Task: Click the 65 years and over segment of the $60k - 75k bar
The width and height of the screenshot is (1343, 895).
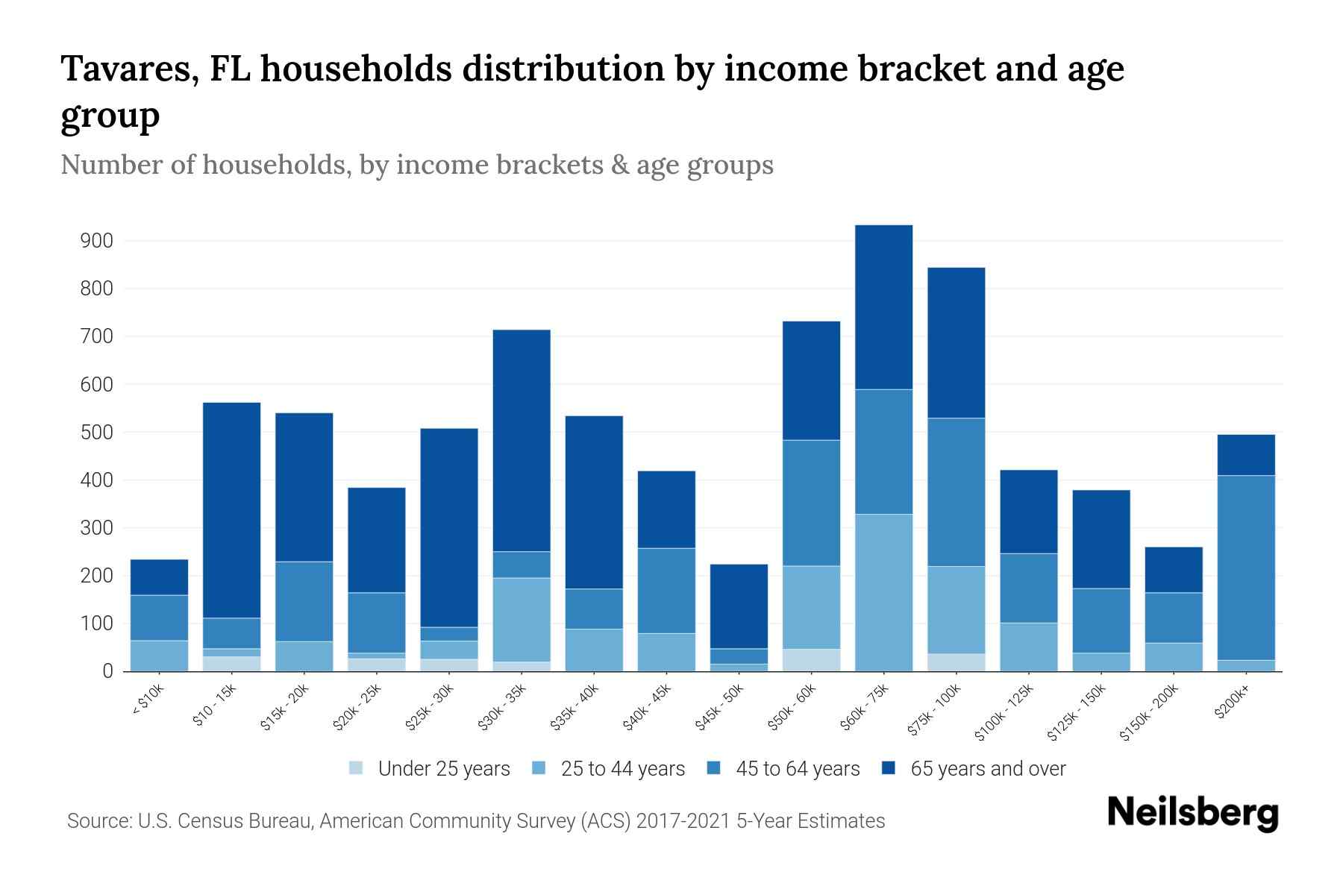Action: point(883,307)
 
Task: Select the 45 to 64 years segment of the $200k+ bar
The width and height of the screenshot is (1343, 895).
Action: point(1245,568)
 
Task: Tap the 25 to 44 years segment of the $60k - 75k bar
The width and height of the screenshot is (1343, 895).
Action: point(883,592)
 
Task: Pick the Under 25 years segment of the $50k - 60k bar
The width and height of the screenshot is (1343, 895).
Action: point(811,660)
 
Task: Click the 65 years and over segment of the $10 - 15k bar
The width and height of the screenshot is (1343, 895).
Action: point(232,510)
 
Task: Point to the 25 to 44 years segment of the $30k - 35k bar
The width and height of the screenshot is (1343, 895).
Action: point(522,620)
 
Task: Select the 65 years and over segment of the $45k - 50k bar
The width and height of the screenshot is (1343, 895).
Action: point(739,606)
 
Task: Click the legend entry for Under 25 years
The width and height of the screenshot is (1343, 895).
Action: point(430,769)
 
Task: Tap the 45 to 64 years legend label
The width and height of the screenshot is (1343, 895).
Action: point(798,769)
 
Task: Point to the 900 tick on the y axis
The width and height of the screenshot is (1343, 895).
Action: point(97,241)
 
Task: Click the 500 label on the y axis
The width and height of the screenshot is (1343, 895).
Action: point(97,433)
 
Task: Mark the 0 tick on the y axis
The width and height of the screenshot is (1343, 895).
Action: point(107,671)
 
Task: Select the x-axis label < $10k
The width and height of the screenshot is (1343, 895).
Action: point(148,702)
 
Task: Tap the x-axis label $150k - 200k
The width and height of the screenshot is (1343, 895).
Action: point(1149,714)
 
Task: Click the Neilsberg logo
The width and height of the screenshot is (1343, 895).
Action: point(1192,813)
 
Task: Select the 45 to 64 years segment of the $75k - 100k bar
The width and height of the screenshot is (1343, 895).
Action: point(956,492)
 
